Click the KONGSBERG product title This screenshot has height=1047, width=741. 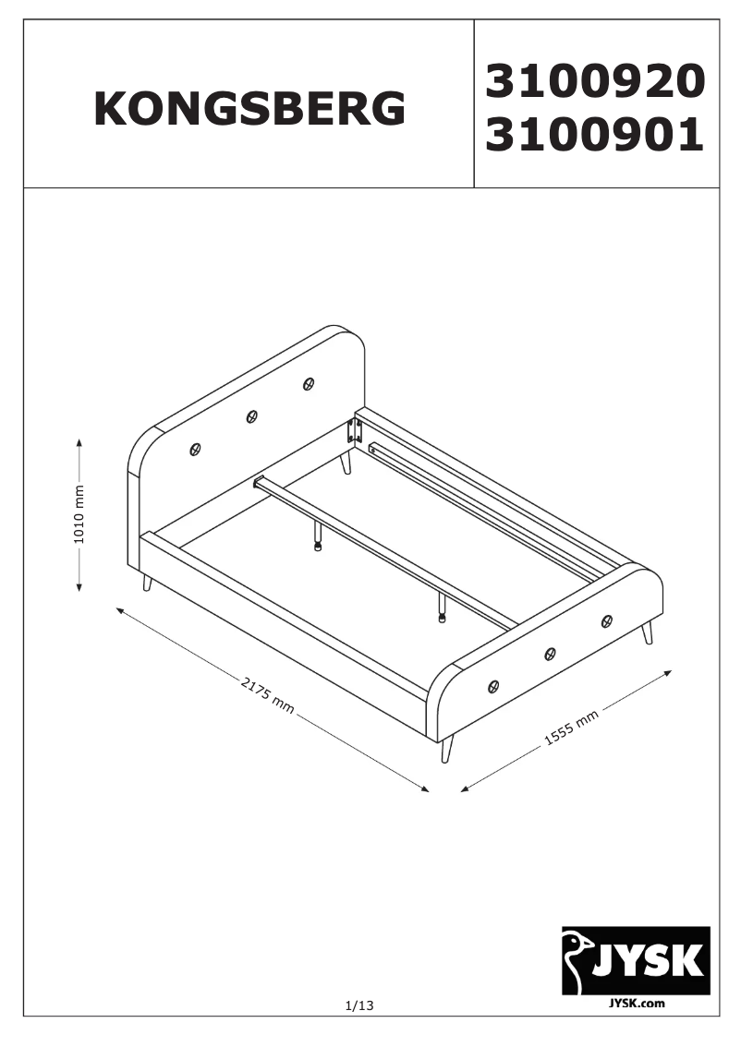pos(249,109)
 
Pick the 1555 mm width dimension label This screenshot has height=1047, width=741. pos(570,725)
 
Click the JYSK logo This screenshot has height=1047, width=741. pos(636,960)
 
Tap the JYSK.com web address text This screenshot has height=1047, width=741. pos(637,1003)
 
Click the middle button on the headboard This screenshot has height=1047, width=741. pos(251,417)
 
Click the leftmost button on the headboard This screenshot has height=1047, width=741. pos(195,450)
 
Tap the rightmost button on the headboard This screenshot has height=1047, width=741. pos(308,383)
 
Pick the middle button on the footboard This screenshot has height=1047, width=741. pos(550,654)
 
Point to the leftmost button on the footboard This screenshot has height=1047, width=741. pos(493,686)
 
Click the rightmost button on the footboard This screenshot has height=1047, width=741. pos(606,620)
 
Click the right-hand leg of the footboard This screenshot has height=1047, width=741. pos(647,633)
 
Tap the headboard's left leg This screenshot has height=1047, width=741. pos(146,583)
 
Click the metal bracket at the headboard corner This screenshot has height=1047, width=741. pos(351,431)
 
